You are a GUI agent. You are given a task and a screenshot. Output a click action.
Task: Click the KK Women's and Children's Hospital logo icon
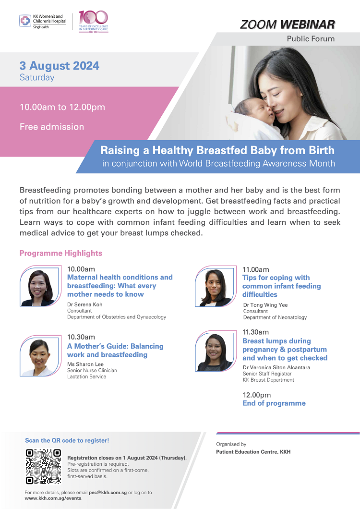click(25, 21)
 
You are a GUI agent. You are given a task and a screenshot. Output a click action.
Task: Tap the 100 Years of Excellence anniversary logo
click(94, 22)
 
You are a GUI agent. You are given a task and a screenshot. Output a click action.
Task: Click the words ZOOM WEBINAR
click(288, 24)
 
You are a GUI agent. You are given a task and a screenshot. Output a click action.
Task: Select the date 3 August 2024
click(60, 66)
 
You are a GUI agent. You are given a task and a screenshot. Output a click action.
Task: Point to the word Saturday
click(37, 78)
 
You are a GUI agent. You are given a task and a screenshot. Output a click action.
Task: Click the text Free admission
click(52, 127)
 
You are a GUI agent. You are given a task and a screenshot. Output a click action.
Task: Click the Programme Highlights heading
click(60, 253)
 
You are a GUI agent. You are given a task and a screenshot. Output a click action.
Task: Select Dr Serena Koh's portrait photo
click(40, 286)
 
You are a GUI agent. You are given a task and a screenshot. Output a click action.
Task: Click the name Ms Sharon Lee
click(85, 364)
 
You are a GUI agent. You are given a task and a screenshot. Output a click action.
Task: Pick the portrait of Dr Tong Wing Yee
click(216, 286)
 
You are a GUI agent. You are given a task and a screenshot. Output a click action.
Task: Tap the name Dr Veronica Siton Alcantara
click(276, 367)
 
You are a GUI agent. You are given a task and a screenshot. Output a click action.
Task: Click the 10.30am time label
click(81, 337)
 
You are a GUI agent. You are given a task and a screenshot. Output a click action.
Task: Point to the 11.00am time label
click(256, 269)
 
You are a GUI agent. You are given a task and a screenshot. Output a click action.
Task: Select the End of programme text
click(274, 403)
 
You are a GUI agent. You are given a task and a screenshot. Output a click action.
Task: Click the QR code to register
click(44, 466)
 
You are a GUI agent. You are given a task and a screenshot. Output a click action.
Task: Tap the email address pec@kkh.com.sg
click(108, 493)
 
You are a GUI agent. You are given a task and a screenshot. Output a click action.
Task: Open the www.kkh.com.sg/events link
click(53, 498)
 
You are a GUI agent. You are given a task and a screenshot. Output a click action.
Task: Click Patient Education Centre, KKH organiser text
click(253, 452)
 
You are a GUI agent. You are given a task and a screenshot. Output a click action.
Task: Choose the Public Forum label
click(311, 39)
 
